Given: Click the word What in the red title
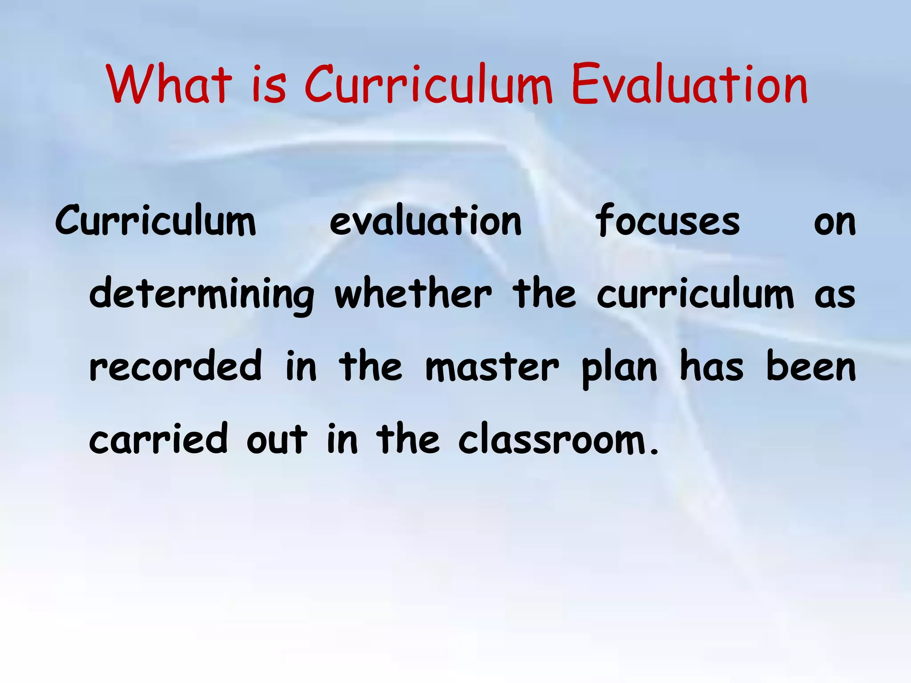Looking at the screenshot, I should coord(169,84).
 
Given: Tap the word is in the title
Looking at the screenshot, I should coord(269,84).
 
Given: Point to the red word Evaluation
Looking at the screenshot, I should coord(689,84).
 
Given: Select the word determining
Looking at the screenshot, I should coord(202,294).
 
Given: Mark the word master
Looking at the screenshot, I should coord(492,367).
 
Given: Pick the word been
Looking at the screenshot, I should coord(811,366).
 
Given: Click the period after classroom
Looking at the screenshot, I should coord(653,453).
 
